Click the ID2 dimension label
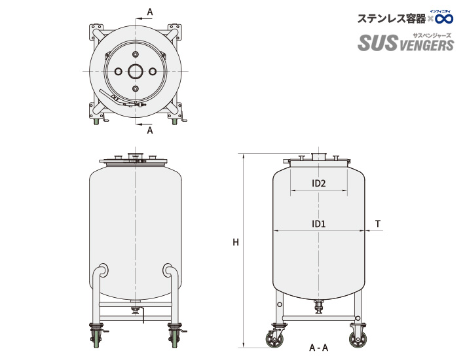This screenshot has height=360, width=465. [x=319, y=183]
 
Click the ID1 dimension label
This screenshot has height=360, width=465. [x=319, y=224]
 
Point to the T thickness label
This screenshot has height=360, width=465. [x=378, y=224]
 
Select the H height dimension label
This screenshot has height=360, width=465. [x=235, y=243]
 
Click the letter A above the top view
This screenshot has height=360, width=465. [x=150, y=12]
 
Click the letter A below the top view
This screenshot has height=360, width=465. [x=150, y=130]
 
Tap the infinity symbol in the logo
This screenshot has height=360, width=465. [x=443, y=18]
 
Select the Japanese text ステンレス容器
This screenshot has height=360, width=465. [x=391, y=19]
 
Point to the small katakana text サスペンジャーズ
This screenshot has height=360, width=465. [x=432, y=33]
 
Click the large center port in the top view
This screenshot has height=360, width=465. [x=136, y=71]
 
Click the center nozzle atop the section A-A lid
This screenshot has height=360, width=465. [x=319, y=156]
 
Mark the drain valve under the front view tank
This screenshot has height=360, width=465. [x=136, y=310]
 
